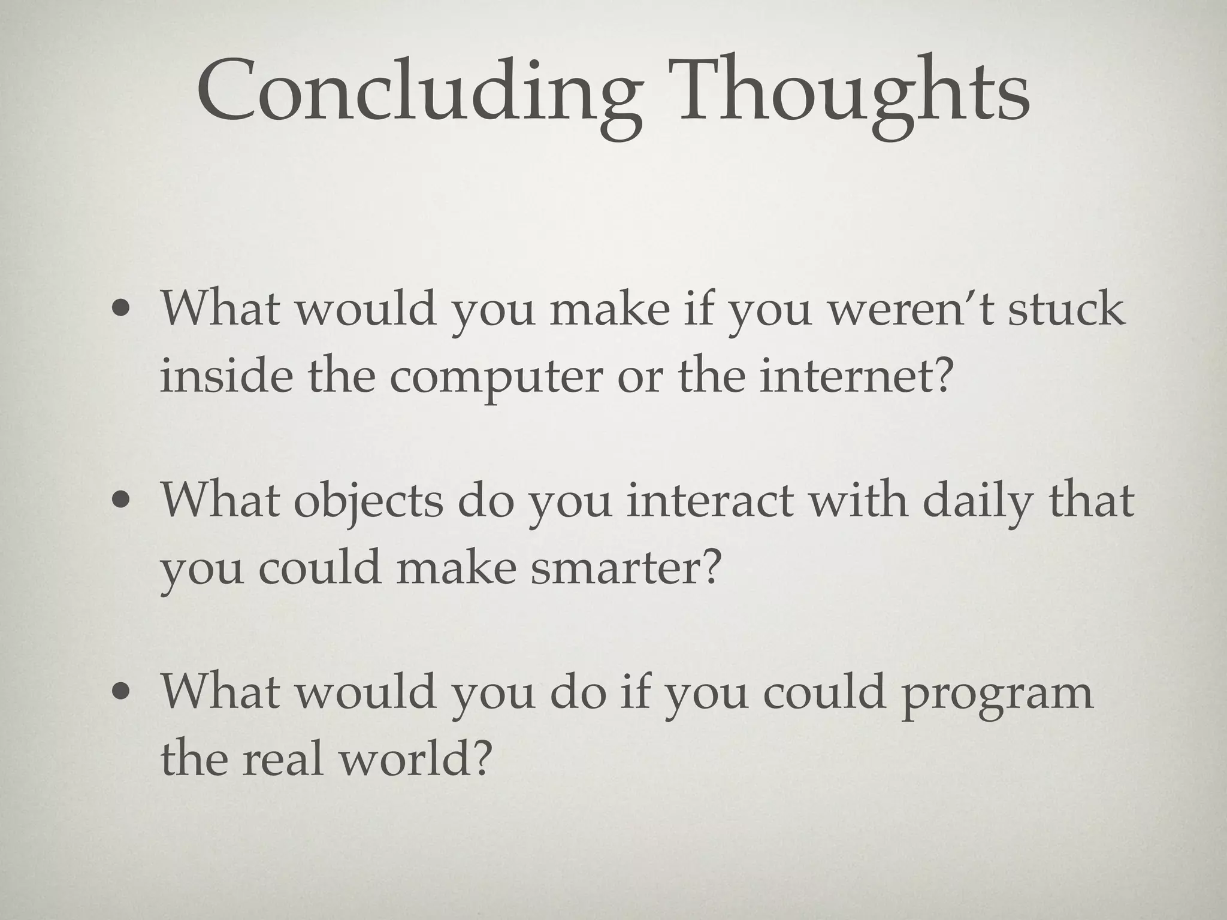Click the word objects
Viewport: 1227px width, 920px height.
pyautogui.click(x=368, y=503)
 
